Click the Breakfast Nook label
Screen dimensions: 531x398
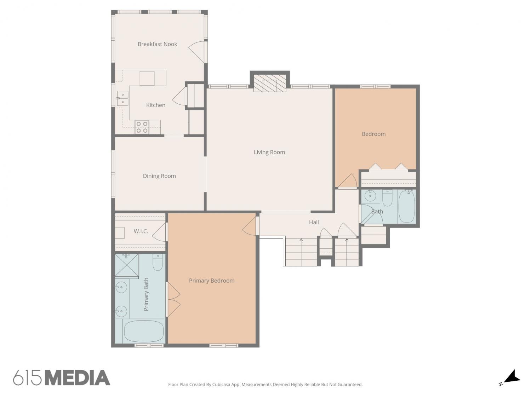click(x=157, y=44)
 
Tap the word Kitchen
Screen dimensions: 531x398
click(x=155, y=105)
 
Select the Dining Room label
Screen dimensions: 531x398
click(x=159, y=176)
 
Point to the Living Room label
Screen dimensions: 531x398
click(x=269, y=152)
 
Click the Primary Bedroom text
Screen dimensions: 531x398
click(x=211, y=281)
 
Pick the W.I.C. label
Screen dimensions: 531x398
click(x=141, y=231)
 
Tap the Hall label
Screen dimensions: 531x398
click(x=314, y=222)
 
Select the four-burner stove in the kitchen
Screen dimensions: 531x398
click(x=142, y=127)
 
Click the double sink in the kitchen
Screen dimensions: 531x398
click(x=122, y=98)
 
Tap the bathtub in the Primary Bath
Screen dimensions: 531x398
click(x=144, y=331)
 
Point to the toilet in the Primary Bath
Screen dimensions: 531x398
click(x=158, y=262)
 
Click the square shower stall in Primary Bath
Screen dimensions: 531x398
click(x=126, y=265)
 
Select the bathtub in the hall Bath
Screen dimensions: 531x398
click(x=406, y=206)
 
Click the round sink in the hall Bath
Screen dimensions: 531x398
click(x=370, y=196)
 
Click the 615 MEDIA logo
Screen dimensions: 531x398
click(x=62, y=377)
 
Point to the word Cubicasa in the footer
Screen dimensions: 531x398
click(x=221, y=385)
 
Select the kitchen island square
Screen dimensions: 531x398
click(x=147, y=78)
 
